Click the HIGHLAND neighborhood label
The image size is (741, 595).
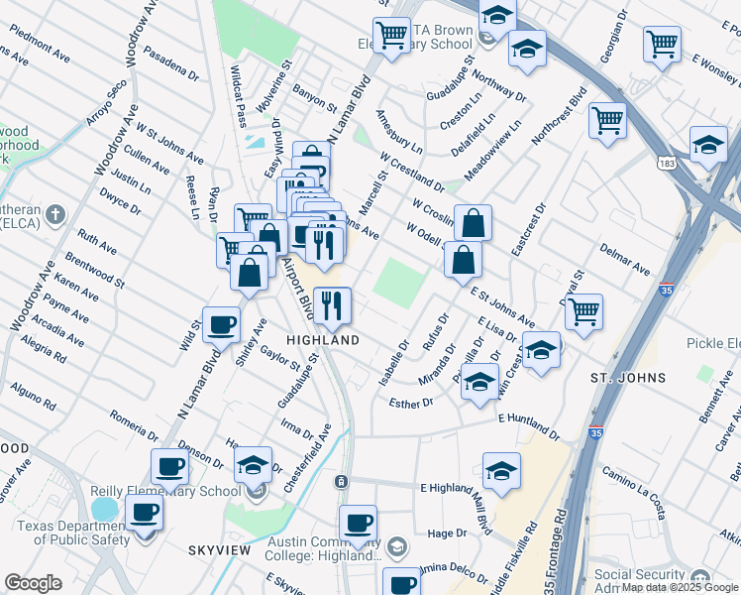click(x=323, y=339)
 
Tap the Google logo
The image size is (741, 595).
click(x=33, y=582)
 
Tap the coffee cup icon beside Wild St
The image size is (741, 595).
click(x=221, y=323)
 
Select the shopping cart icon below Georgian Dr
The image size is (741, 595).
click(x=662, y=43)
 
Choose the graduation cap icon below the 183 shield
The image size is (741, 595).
click(x=708, y=145)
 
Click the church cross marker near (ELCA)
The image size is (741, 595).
click(x=56, y=214)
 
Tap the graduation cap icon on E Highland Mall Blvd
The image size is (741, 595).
click(x=501, y=470)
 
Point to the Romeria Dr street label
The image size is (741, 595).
click(x=134, y=426)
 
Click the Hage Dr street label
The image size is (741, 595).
click(x=447, y=534)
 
